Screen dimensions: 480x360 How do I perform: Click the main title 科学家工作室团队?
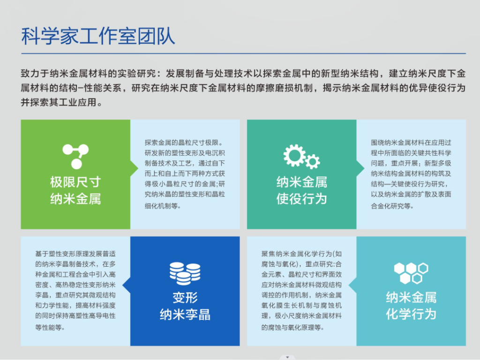(98, 37)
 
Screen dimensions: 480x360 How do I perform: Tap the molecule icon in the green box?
(75, 156)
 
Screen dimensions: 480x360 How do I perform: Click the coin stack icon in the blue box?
(185, 273)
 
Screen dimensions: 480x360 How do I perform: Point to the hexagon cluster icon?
(411, 273)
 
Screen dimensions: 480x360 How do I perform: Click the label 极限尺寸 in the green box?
(75, 182)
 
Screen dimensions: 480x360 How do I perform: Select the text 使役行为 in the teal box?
(301, 199)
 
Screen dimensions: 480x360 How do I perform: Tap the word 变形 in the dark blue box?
(185, 298)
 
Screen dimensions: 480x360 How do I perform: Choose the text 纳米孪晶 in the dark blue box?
(185, 315)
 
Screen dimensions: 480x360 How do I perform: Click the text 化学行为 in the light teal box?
(411, 314)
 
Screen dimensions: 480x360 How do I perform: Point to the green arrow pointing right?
(134, 168)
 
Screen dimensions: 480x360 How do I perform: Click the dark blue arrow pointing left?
(127, 285)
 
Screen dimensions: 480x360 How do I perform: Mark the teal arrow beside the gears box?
(360, 168)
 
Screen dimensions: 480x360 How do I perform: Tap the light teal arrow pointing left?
(352, 285)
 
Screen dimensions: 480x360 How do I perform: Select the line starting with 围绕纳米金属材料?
(411, 142)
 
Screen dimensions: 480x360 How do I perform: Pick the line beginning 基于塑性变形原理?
(75, 254)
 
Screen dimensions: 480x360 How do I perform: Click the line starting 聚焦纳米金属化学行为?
(301, 254)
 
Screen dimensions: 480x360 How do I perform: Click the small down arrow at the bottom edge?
(287, 357)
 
